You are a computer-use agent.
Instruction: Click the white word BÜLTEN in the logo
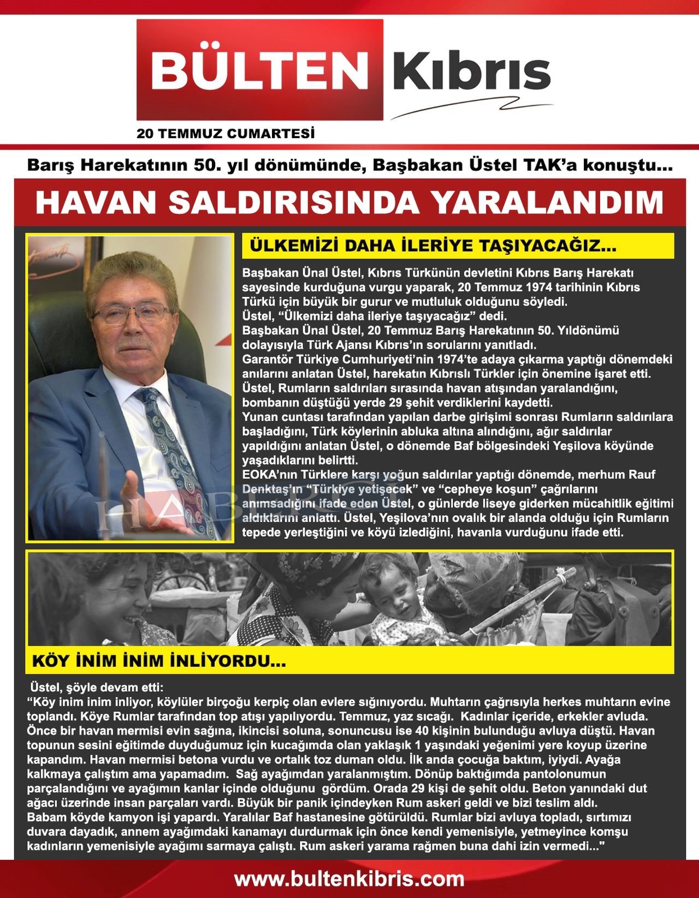pyautogui.click(x=259, y=69)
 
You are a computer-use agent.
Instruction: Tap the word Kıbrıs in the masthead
pyautogui.click(x=471, y=71)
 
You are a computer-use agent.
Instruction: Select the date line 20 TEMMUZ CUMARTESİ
pyautogui.click(x=226, y=134)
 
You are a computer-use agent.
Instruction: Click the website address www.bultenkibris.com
pyautogui.click(x=349, y=878)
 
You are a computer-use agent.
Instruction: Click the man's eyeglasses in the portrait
pyautogui.click(x=133, y=313)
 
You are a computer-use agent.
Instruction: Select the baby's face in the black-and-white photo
pyautogui.click(x=392, y=592)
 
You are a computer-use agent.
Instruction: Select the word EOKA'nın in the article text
pyautogui.click(x=274, y=475)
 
